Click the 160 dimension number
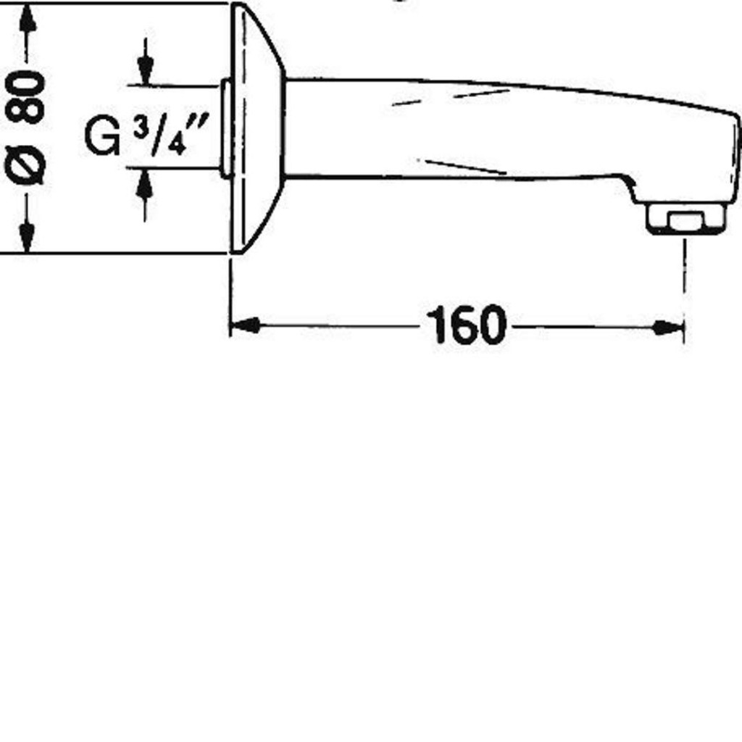pos(466,325)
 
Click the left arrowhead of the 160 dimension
pos(245,325)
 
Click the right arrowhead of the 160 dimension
pos(669,327)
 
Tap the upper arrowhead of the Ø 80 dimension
pos(28,19)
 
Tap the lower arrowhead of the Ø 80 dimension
pos(27,238)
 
